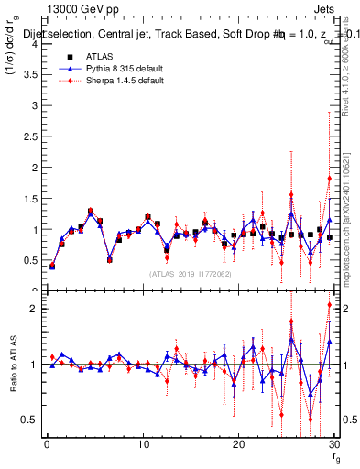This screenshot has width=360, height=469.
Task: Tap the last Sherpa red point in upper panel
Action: coord(329,178)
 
